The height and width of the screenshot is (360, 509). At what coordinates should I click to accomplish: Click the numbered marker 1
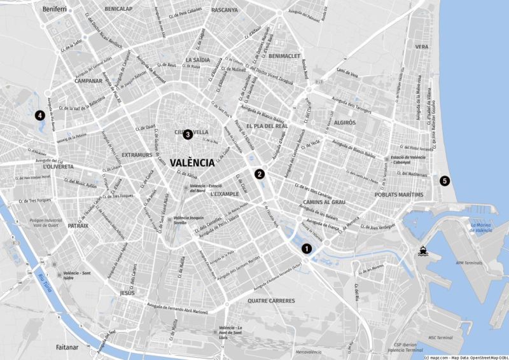307,249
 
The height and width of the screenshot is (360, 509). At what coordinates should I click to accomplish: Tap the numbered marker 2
260,174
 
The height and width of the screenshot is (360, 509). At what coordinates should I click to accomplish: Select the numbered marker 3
188,134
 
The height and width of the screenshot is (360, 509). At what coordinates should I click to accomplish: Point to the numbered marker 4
39,116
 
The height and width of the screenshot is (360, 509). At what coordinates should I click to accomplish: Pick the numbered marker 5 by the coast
445,180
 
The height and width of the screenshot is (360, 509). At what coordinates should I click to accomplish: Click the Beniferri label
54,10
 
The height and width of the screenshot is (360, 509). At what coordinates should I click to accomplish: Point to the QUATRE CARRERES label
271,300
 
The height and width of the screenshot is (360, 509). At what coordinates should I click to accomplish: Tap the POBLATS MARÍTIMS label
399,194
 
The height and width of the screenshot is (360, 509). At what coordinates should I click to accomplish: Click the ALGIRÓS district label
344,121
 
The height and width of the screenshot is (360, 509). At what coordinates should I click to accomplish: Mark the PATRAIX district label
78,225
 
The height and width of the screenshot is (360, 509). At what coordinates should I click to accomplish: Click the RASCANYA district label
224,10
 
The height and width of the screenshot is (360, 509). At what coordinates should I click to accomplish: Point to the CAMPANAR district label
88,81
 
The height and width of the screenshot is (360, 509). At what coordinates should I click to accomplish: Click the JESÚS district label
127,293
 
